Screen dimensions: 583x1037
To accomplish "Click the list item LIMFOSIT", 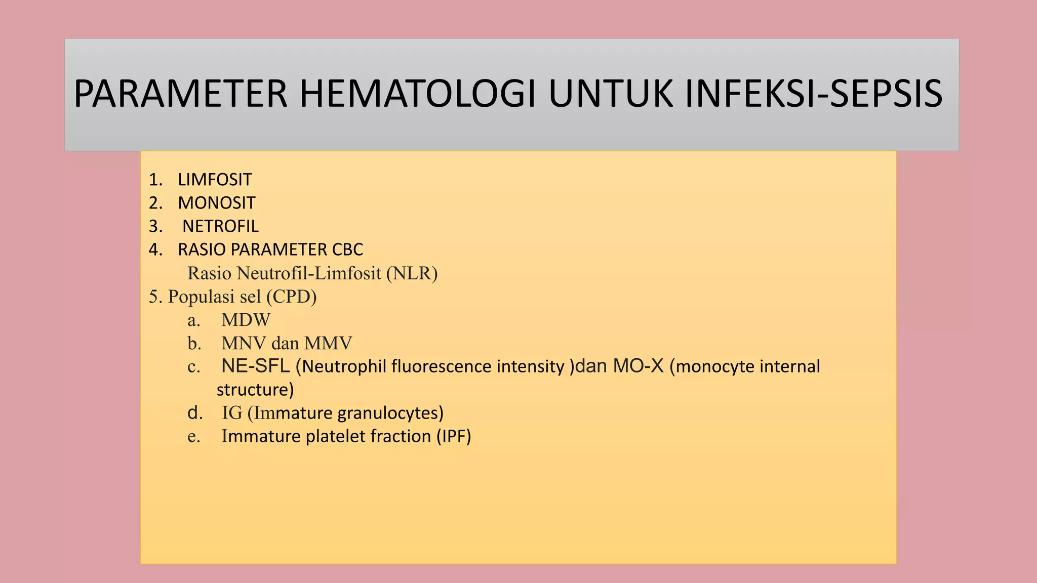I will tap(215, 180).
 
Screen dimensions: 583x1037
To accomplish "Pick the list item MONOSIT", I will tap(216, 203).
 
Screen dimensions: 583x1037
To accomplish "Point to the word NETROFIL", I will tap(220, 226).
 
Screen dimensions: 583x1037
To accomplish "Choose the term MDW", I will tap(246, 320).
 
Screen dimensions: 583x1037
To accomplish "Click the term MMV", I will tap(328, 343).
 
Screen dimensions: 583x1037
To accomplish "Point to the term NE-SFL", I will tap(255, 366).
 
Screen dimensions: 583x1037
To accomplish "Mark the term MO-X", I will tap(638, 366).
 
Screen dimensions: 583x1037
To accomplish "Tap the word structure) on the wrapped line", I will tap(255, 390).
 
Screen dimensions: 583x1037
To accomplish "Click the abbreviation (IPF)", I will tap(454, 436).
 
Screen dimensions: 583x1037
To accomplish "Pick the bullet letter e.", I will tap(193, 437).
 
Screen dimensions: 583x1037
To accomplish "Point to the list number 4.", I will tap(154, 249).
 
